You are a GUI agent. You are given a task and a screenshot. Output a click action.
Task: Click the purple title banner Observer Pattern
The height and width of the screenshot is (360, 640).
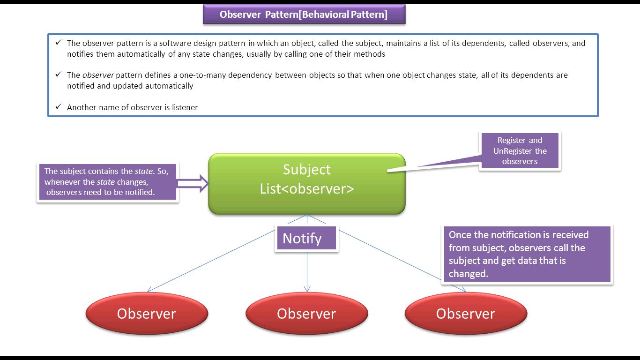pyautogui.click(x=304, y=15)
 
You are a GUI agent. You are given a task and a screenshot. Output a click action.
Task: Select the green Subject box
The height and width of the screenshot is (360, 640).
pyautogui.click(x=306, y=184)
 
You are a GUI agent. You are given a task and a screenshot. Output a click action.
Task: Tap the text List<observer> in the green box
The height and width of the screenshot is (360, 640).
pyautogui.click(x=307, y=188)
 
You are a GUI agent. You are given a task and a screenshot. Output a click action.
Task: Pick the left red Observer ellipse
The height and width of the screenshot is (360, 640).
pyautogui.click(x=147, y=314)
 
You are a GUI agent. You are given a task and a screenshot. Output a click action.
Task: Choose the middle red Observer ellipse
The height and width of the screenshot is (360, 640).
pyautogui.click(x=306, y=314)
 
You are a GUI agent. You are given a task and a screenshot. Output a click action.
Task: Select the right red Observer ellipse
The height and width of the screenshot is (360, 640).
pyautogui.click(x=466, y=314)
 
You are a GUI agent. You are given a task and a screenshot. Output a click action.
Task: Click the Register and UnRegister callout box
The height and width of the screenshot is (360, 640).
pyautogui.click(x=520, y=150)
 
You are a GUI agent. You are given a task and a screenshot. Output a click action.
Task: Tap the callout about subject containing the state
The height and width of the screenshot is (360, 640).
pyautogui.click(x=107, y=182)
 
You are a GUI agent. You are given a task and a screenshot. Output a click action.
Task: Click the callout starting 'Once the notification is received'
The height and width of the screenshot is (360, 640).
pyautogui.click(x=527, y=254)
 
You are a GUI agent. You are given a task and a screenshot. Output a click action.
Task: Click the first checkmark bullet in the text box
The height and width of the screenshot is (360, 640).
pyautogui.click(x=58, y=43)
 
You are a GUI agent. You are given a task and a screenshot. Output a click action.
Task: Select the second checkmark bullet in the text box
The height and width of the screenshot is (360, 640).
pyautogui.click(x=58, y=75)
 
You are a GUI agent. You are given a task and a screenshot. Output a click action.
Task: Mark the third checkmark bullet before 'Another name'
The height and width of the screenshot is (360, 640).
pyautogui.click(x=58, y=107)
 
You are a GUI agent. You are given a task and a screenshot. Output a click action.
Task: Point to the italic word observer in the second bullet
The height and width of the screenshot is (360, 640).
pyautogui.click(x=98, y=75)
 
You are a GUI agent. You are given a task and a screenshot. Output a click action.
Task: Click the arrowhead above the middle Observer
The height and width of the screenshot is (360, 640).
pyautogui.click(x=307, y=289)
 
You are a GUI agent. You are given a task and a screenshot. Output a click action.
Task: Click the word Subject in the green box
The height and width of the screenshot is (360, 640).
pyautogui.click(x=306, y=170)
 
